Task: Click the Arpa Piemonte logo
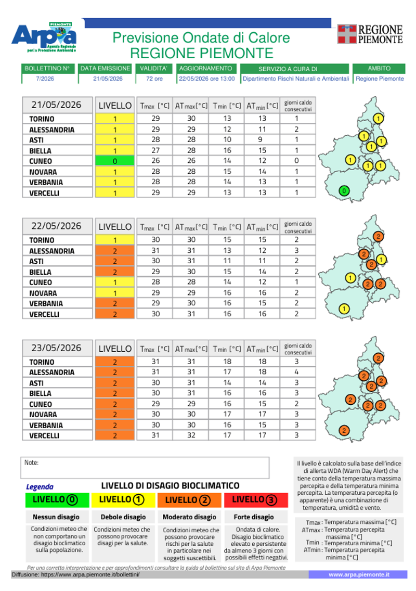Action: [x=45, y=37]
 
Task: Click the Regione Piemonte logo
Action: [x=370, y=34]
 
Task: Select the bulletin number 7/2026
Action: [x=45, y=79]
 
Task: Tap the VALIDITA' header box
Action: [x=154, y=68]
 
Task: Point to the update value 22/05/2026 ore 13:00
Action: [x=206, y=79]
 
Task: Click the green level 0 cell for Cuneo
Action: [x=114, y=161]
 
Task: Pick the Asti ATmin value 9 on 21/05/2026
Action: [x=260, y=139]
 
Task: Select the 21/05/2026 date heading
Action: [x=56, y=105]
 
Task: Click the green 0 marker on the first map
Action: [x=344, y=191]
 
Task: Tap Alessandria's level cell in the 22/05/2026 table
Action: [x=114, y=251]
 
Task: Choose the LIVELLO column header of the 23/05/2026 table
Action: [x=115, y=349]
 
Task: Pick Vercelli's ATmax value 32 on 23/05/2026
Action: [x=191, y=435]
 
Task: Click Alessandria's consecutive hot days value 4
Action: [x=296, y=371]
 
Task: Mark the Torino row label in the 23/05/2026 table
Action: [x=42, y=362]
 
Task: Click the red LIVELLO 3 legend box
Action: [x=256, y=500]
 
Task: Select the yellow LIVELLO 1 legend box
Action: [x=123, y=500]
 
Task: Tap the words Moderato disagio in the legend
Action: [x=189, y=517]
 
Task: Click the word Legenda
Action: [x=40, y=486]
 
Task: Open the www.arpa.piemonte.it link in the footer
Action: [x=359, y=574]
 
